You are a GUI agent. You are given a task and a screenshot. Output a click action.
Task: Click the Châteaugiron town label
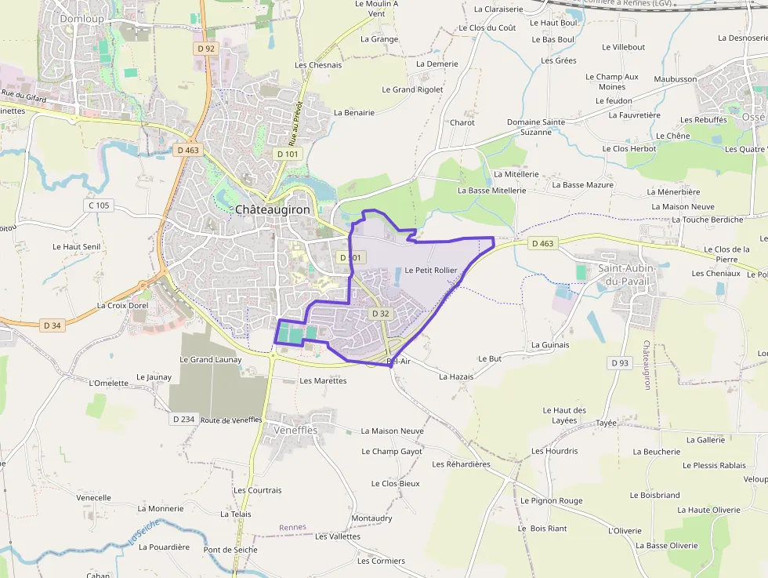[x=273, y=210]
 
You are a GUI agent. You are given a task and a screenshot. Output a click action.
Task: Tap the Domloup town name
[x=82, y=18]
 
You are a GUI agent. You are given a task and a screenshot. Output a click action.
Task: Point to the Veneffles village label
[x=295, y=431]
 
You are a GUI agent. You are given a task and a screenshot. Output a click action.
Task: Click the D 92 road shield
[x=206, y=49]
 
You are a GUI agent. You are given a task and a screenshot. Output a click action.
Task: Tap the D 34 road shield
[x=53, y=325]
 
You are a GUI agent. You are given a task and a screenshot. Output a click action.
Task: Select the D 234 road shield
[x=183, y=419]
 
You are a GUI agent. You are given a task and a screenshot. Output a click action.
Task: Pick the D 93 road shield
[x=619, y=362]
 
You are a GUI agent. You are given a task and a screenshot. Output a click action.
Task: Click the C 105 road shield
[x=99, y=205]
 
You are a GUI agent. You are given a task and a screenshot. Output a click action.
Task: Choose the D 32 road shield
[x=380, y=314]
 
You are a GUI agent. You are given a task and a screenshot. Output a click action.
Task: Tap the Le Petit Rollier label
[x=430, y=271]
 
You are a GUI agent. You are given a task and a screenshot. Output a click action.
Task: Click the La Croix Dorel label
[x=122, y=305]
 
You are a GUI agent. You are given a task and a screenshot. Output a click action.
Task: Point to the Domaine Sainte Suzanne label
[x=536, y=127]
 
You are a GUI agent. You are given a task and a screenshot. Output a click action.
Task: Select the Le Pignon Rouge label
[x=551, y=500]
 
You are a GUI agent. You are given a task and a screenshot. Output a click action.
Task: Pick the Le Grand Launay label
[x=211, y=359]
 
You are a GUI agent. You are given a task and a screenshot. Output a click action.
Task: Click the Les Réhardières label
[x=461, y=464]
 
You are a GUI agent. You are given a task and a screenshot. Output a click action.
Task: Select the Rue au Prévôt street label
[x=295, y=124]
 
